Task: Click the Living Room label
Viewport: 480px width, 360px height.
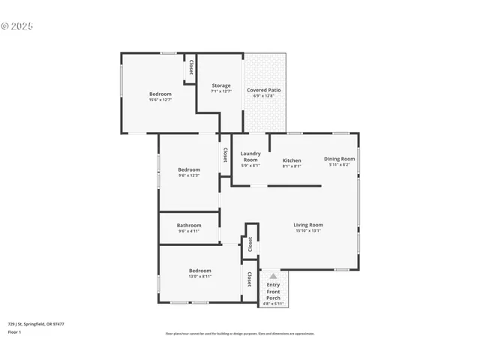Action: pos(307,225)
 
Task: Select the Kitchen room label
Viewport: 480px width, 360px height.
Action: pos(292,160)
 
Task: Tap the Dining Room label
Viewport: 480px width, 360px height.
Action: pos(339,159)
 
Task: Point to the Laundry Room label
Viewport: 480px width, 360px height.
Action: pos(250,157)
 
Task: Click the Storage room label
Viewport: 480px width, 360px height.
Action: pos(220,85)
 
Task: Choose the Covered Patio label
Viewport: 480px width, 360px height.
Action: pos(264,90)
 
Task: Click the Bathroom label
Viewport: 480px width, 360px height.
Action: pos(189,226)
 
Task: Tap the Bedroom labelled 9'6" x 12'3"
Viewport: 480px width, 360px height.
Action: pos(189,169)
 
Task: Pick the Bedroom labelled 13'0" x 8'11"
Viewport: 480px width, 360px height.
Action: pos(199,271)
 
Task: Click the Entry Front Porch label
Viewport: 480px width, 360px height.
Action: pos(273,291)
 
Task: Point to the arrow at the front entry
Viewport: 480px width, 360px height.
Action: pos(273,277)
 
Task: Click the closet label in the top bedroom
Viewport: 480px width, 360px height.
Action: pos(191,67)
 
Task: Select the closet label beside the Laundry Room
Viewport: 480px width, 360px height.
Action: pos(225,154)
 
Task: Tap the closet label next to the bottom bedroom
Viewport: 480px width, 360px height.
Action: pos(249,279)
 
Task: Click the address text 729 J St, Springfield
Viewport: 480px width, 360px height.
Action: pos(36,324)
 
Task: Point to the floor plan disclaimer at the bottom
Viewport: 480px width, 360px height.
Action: pos(239,334)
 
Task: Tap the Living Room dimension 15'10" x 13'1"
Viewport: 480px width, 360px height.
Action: pos(307,231)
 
